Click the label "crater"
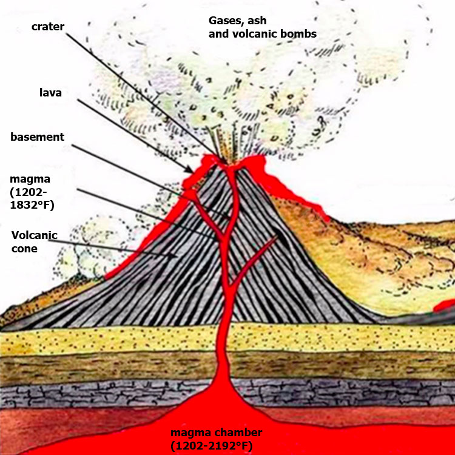tap(48, 27)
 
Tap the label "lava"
tap(50, 93)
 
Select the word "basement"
tap(38, 136)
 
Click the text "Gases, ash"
tap(237, 21)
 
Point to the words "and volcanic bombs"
tap(263, 34)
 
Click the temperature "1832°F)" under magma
tap(32, 205)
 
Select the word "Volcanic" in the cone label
tap(34, 235)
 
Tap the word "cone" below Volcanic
tap(24, 249)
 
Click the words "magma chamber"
tap(217, 433)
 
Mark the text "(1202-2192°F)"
tap(212, 446)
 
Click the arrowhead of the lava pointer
tap(189, 170)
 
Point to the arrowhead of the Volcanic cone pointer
tap(174, 255)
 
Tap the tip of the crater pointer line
tap(225, 163)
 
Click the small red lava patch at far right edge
tap(445, 305)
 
